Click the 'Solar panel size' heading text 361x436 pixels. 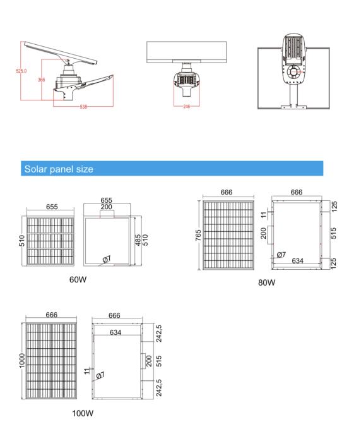(59, 169)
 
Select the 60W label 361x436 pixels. (78, 279)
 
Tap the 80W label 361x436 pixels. (266, 282)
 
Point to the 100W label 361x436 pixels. (83, 413)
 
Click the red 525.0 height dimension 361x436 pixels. (21, 71)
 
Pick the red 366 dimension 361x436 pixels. (42, 80)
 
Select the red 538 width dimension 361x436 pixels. (83, 107)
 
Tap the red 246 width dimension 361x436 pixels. (187, 107)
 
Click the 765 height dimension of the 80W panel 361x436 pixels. (198, 235)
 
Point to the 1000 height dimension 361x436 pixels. (22, 361)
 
